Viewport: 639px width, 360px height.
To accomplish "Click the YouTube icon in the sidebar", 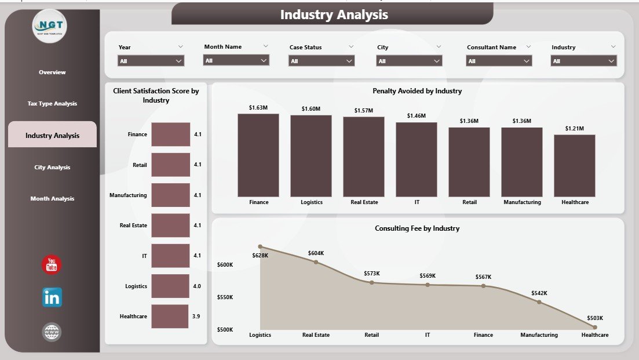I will coord(52,265).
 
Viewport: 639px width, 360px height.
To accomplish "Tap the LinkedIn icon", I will coord(52,297).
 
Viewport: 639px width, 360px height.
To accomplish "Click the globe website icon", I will coord(52,332).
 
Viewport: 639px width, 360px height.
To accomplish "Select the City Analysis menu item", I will coord(52,167).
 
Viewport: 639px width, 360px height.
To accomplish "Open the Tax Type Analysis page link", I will coord(52,104).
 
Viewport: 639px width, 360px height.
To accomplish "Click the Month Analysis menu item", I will coord(52,199).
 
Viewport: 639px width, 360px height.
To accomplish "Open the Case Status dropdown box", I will coord(322,61).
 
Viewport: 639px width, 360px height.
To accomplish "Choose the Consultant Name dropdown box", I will coord(499,61).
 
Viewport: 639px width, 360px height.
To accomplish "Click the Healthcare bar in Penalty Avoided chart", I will coord(574,166).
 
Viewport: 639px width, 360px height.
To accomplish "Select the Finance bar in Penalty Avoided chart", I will coord(258,155).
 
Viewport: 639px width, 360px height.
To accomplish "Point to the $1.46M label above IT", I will coord(416,116).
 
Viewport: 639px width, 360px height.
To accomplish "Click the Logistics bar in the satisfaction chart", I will coord(170,286).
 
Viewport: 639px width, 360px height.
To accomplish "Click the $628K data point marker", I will coord(260,246).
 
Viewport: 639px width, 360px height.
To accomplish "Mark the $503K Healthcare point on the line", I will coord(595,328).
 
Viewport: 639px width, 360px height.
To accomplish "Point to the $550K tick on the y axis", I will coord(225,297).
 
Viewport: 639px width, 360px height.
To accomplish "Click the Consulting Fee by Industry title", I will coord(417,228).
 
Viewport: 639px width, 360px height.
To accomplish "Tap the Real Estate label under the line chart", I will coord(316,335).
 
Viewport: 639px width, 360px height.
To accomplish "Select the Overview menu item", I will coord(52,72).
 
